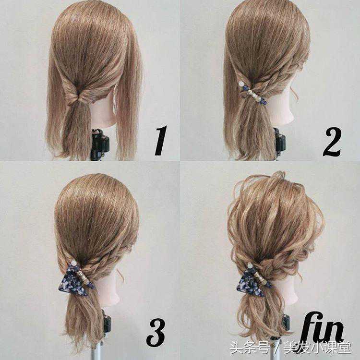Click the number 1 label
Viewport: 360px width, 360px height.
pyautogui.click(x=161, y=141)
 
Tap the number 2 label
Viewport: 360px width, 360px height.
pyautogui.click(x=332, y=142)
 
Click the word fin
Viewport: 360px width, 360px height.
pyautogui.click(x=322, y=327)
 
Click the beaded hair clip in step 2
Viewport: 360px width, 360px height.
pyautogui.click(x=252, y=93)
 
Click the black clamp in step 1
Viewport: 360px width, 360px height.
pyautogui.click(x=100, y=144)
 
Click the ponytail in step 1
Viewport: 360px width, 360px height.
pyautogui.click(x=77, y=129)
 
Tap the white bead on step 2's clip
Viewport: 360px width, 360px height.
pyautogui.click(x=241, y=84)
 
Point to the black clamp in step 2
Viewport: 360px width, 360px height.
pyautogui.click(x=279, y=143)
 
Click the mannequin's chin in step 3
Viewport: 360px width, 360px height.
pyautogui.click(x=115, y=299)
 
